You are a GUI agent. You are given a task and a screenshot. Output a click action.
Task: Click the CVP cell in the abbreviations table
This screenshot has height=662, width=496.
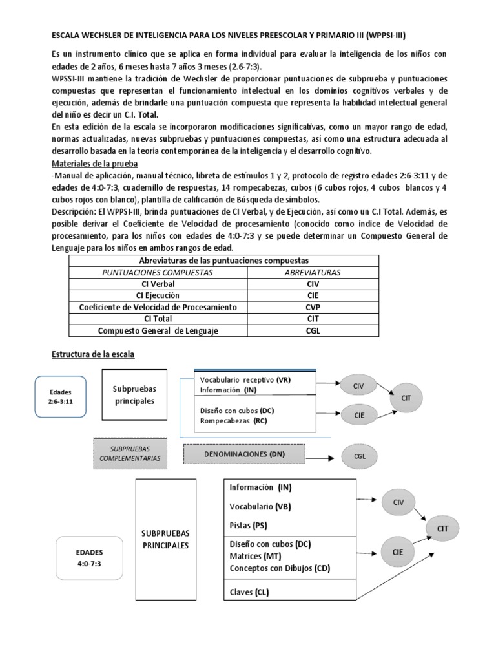(313, 307)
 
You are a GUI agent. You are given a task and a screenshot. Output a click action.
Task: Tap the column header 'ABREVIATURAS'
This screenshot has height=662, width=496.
(313, 272)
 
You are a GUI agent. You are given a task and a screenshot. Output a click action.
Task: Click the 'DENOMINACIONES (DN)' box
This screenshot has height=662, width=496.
(245, 454)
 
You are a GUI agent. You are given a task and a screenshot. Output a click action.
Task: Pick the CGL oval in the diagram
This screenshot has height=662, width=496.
(360, 456)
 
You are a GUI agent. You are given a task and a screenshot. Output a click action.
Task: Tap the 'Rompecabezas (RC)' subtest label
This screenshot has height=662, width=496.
(234, 421)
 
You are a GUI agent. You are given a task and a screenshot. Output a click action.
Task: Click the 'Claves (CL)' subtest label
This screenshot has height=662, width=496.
(249, 592)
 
